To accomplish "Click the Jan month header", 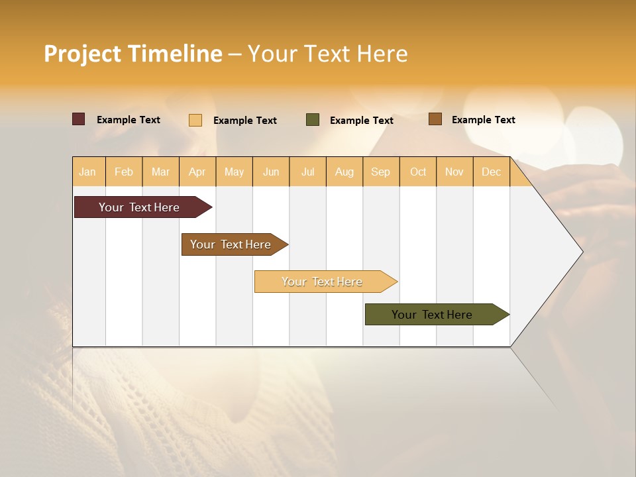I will (x=87, y=172).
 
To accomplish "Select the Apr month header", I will (x=197, y=172).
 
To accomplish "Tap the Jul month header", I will (x=307, y=172).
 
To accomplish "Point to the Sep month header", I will (x=380, y=172).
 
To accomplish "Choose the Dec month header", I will (x=491, y=172).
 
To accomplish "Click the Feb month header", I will (x=124, y=172).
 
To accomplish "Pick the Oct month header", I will (x=418, y=172).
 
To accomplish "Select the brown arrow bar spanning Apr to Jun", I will (x=232, y=244).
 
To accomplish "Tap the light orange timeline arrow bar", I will (x=323, y=282).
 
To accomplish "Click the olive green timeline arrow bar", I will (x=434, y=315).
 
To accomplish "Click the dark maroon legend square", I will (x=79, y=119).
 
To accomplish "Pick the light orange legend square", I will (x=195, y=120).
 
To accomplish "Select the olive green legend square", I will (x=313, y=120).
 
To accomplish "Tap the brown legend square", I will (x=435, y=119).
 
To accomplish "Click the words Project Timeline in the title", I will (x=133, y=54).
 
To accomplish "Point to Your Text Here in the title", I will (x=327, y=54).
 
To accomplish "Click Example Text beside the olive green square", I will (x=361, y=121).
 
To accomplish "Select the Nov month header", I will (x=454, y=172).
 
